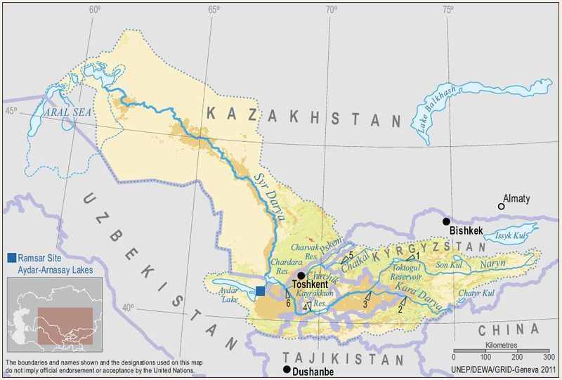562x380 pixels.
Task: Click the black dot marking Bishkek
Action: pyautogui.click(x=446, y=221)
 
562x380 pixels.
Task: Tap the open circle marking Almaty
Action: pyautogui.click(x=501, y=206)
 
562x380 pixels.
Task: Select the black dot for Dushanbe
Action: pyautogui.click(x=287, y=369)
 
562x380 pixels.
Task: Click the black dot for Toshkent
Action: pyautogui.click(x=301, y=276)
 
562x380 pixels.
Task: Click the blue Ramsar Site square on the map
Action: pyautogui.click(x=261, y=291)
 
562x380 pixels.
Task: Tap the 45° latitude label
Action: pyautogui.click(x=11, y=110)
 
